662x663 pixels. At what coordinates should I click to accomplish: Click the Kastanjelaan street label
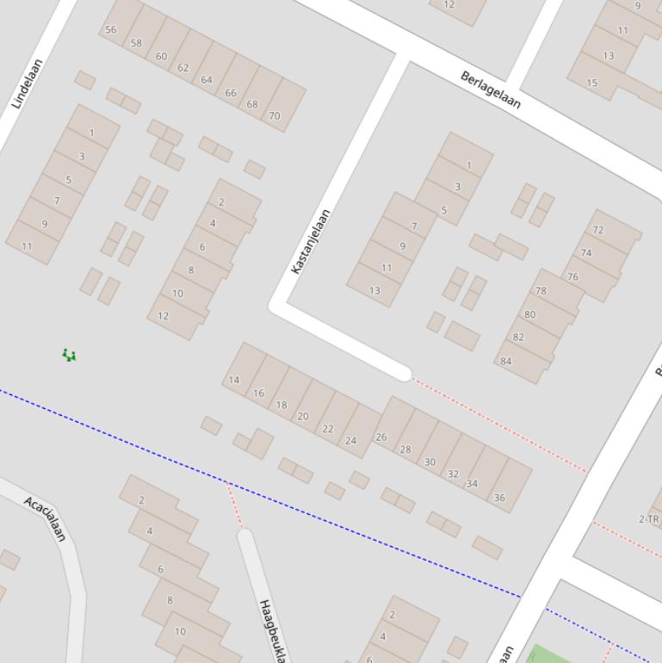coord(311,242)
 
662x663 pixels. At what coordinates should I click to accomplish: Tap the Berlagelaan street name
coord(491,90)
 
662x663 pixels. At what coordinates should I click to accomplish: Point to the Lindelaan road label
coord(28,84)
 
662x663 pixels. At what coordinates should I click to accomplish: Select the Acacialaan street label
coord(45,518)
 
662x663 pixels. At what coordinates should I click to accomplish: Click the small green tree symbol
coord(69,355)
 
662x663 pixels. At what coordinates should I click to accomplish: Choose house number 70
coord(274,115)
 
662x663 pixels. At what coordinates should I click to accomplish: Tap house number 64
coord(207,80)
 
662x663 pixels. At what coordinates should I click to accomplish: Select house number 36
coord(499,497)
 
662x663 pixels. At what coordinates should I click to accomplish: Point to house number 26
coord(380,437)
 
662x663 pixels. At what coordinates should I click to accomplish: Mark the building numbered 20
coord(302,416)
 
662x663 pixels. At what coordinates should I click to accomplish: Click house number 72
coord(598,231)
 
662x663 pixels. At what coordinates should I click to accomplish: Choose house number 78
coord(541,291)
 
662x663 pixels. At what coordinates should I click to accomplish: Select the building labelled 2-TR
coord(649,518)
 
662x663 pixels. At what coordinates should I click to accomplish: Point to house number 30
coord(430,462)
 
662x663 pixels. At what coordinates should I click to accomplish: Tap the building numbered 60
coord(161,56)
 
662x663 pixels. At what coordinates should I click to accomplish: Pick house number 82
coord(518,337)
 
